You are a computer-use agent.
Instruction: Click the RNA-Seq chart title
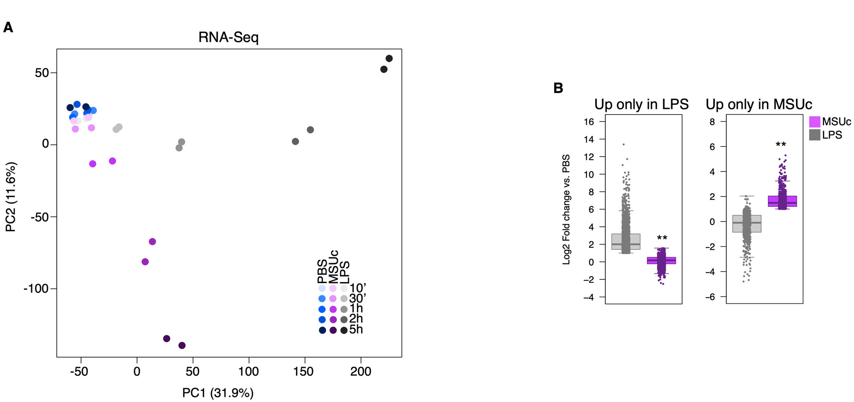pyautogui.click(x=228, y=38)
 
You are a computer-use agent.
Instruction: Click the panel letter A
pyautogui.click(x=8, y=28)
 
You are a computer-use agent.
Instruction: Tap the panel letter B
pyautogui.click(x=558, y=88)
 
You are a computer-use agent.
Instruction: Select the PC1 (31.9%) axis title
pyautogui.click(x=218, y=393)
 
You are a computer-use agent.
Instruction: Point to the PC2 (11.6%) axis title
pyautogui.click(x=11, y=197)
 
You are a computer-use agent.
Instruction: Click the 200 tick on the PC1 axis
pyautogui.click(x=360, y=372)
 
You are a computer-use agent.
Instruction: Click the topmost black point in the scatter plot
pyautogui.click(x=389, y=58)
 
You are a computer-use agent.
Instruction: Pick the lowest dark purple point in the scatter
pyautogui.click(x=182, y=345)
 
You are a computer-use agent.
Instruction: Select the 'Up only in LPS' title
pyautogui.click(x=641, y=104)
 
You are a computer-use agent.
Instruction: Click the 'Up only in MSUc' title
pyautogui.click(x=759, y=104)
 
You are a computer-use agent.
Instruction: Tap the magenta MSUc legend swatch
pyautogui.click(x=815, y=122)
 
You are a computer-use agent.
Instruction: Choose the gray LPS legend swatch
pyautogui.click(x=815, y=135)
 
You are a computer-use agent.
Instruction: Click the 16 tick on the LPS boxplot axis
pyautogui.click(x=589, y=122)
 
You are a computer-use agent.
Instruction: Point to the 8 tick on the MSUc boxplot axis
pyautogui.click(x=712, y=122)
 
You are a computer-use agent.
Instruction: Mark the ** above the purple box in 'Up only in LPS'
pyautogui.click(x=662, y=238)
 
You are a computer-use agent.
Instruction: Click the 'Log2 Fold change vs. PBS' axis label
pyautogui.click(x=567, y=209)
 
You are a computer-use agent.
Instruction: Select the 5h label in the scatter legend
pyautogui.click(x=356, y=330)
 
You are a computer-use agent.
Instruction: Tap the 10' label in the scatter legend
pyautogui.click(x=358, y=288)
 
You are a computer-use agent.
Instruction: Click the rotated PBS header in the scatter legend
pyautogui.click(x=322, y=271)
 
